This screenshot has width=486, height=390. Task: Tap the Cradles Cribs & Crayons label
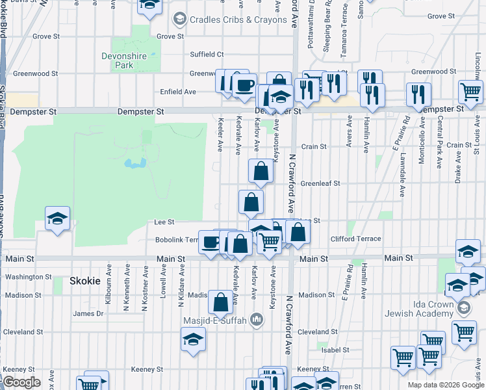coord(238,19)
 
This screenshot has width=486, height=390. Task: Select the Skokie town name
coord(84,281)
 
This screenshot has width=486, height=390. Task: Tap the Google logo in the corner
coord(21,383)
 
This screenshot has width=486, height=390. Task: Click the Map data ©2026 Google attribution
coord(446,385)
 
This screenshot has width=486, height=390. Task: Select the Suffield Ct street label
coord(207,54)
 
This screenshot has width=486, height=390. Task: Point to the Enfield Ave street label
coord(178,92)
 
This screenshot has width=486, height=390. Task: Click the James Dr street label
coord(88,313)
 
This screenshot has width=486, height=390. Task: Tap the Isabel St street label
coord(335,350)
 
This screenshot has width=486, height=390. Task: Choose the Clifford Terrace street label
coord(355,239)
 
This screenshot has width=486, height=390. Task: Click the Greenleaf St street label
coord(320,184)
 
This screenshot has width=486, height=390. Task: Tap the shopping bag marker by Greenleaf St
coord(261,172)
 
